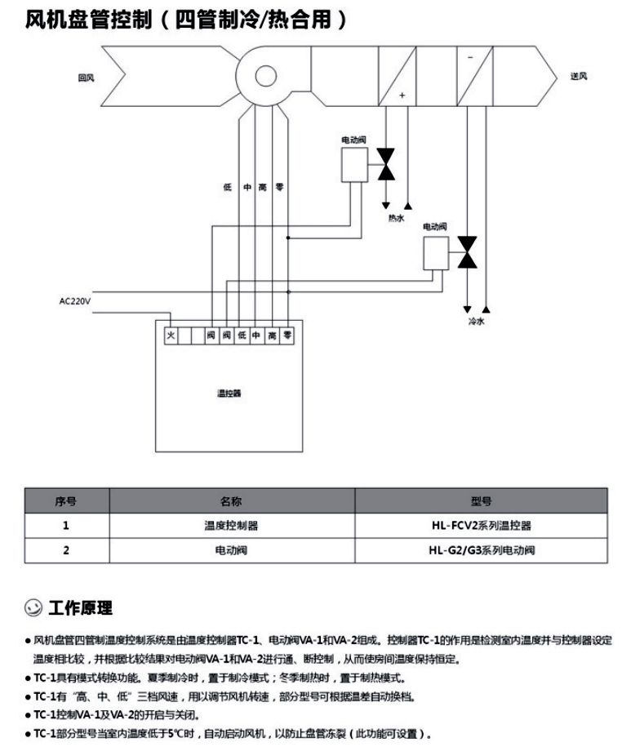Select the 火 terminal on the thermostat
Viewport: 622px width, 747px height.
coord(171,335)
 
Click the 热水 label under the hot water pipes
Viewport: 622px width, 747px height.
coord(396,218)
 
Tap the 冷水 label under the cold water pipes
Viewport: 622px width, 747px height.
coord(476,322)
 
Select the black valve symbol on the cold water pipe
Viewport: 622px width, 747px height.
coord(467,251)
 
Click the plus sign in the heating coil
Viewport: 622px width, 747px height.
coord(402,95)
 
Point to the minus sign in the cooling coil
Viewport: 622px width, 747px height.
coord(469,58)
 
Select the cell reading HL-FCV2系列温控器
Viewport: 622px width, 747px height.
coord(481,525)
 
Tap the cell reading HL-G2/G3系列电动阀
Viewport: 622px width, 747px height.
coord(481,550)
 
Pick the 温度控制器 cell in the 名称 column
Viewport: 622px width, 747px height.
coord(231,525)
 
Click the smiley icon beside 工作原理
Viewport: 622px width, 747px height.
coord(33,608)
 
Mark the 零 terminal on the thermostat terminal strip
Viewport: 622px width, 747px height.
coord(287,335)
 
